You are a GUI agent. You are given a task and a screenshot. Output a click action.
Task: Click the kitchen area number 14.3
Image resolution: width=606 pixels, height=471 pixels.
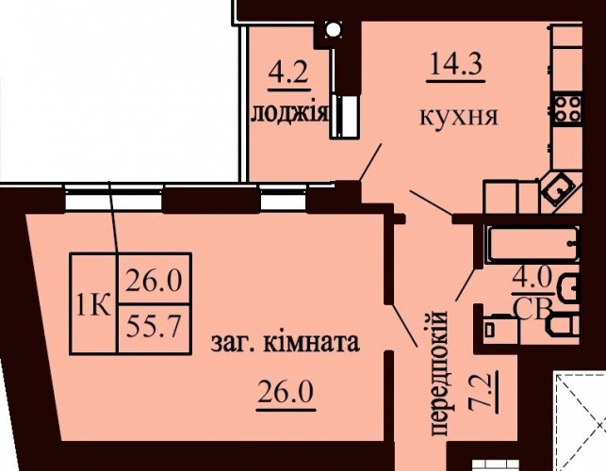tap(455, 64)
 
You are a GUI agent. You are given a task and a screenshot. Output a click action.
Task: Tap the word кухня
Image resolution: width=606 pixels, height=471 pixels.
tap(459, 116)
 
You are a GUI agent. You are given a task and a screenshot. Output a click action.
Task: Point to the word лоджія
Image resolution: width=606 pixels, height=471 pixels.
tap(290, 113)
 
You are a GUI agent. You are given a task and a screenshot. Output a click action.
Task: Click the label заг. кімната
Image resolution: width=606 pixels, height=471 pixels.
tap(286, 342)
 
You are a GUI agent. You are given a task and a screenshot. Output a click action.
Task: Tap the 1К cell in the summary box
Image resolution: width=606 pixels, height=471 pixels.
tap(94, 303)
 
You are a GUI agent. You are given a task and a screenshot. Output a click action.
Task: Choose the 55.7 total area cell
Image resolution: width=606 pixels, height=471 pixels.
tap(154, 329)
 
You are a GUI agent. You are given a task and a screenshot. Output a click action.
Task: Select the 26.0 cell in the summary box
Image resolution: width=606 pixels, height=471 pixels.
tap(154, 280)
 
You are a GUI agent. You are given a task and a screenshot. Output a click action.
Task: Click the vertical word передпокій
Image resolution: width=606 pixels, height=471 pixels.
tap(440, 373)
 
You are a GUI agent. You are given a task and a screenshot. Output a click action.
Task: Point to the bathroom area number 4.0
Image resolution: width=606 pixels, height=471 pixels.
tap(532, 278)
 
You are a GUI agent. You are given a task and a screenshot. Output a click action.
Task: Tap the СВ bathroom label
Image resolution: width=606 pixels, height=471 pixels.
tap(532, 310)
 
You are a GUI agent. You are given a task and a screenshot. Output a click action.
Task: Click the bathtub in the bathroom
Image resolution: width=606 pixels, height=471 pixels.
tap(532, 244)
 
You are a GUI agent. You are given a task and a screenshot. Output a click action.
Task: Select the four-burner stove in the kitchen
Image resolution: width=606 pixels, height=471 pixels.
tap(567, 108)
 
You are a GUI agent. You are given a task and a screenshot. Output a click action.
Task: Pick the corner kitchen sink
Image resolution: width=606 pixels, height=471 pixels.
tap(557, 189)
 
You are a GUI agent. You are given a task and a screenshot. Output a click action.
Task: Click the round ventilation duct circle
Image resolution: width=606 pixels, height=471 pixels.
tap(333, 29)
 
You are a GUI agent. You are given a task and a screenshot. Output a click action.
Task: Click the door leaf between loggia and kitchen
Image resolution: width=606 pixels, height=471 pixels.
tap(370, 162)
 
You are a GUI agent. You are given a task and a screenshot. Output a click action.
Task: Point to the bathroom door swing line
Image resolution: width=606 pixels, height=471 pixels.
tap(466, 284)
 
